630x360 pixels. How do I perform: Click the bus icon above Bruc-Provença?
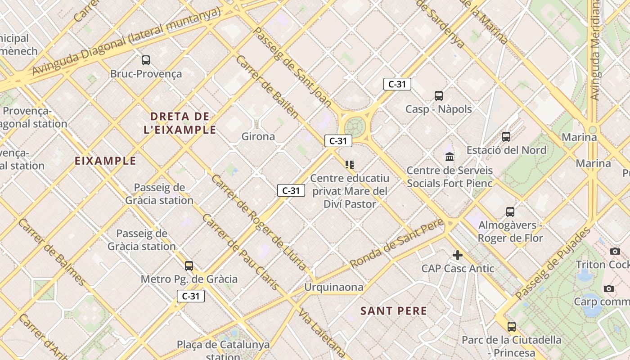pyautogui.click(x=146, y=60)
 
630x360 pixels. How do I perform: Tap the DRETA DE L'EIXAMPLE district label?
pyautogui.click(x=180, y=123)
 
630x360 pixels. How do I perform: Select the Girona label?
pyautogui.click(x=258, y=136)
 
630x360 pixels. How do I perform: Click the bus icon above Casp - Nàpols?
pyautogui.click(x=439, y=95)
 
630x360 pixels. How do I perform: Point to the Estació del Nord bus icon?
pyautogui.click(x=506, y=136)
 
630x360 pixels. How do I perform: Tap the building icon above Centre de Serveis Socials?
pyautogui.click(x=450, y=157)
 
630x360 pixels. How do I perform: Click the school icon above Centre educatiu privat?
pyautogui.click(x=350, y=165)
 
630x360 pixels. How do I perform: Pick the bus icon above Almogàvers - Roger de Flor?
pyautogui.click(x=510, y=211)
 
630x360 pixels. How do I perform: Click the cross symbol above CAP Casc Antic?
pyautogui.click(x=458, y=255)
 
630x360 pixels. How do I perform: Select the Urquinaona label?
pyautogui.click(x=333, y=287)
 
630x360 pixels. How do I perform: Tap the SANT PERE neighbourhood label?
pyautogui.click(x=394, y=311)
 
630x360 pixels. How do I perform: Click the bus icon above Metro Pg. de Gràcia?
pyautogui.click(x=189, y=265)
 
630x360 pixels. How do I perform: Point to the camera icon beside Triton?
pyautogui.click(x=615, y=251)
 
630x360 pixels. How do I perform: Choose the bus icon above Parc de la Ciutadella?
pyautogui.click(x=512, y=326)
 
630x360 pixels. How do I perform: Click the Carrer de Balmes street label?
pyautogui.click(x=52, y=252)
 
